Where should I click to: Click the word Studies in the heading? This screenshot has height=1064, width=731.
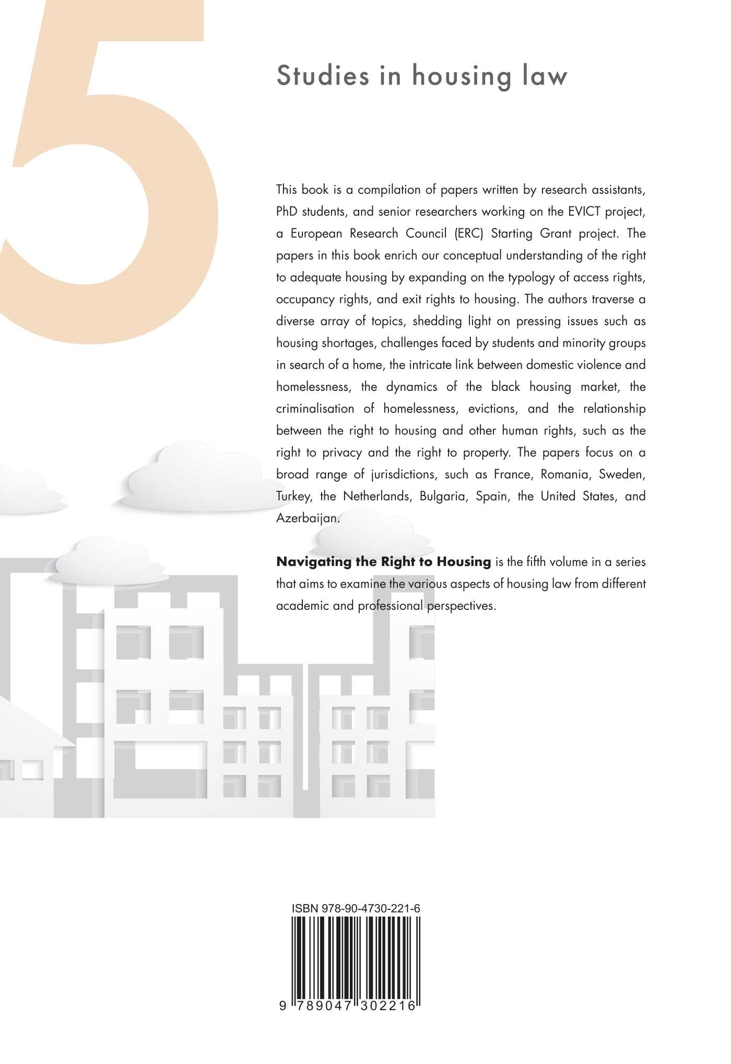click(x=323, y=76)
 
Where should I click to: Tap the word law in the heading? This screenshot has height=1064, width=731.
click(x=545, y=76)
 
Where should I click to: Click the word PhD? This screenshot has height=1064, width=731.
click(x=287, y=212)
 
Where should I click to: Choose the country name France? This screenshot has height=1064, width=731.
click(x=512, y=475)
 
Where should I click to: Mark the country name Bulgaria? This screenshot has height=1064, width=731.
click(x=442, y=496)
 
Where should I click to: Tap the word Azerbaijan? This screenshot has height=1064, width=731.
click(x=308, y=518)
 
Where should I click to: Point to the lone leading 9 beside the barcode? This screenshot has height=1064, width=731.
click(x=282, y=1005)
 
